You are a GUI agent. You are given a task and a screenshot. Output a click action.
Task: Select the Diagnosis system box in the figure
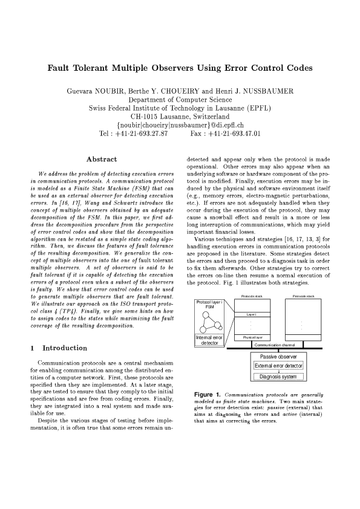(278, 377)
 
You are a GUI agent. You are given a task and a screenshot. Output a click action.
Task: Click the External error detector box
(278, 366)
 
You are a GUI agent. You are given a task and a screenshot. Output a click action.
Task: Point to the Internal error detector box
(209, 340)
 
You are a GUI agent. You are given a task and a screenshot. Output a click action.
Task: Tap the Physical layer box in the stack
(252, 337)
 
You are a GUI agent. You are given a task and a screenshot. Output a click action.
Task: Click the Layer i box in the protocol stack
(252, 314)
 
